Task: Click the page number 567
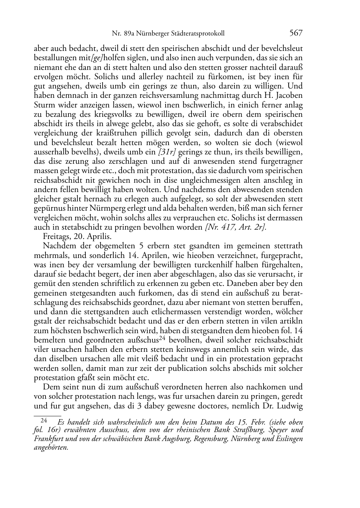pos(296,33)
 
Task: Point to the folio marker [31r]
pos(167,152)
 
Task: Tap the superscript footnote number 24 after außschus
pos(162,338)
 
